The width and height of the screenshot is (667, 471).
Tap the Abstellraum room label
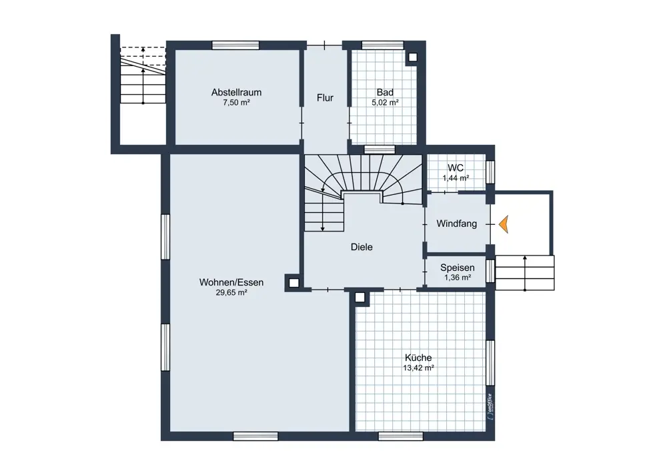237,92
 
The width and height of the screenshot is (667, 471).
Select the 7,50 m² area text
237,103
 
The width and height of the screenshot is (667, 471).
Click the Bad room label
385,92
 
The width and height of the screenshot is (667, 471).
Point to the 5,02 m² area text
385,103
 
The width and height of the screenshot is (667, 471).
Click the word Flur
325,98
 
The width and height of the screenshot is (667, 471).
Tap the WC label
456,167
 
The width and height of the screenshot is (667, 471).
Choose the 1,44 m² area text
456,178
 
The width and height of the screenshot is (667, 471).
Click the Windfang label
457,223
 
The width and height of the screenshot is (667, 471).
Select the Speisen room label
458,268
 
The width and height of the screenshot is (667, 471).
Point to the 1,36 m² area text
458,278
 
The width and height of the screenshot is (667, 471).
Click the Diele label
362,248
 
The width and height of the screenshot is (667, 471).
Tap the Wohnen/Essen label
231,282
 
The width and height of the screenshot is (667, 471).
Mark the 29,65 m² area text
231,293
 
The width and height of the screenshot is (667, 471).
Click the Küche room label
419,358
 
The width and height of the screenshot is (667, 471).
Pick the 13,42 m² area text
419,368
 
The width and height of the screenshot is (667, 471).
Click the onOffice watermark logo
490,406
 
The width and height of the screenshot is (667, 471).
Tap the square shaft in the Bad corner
413,57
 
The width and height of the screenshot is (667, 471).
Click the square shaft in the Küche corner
360,298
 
